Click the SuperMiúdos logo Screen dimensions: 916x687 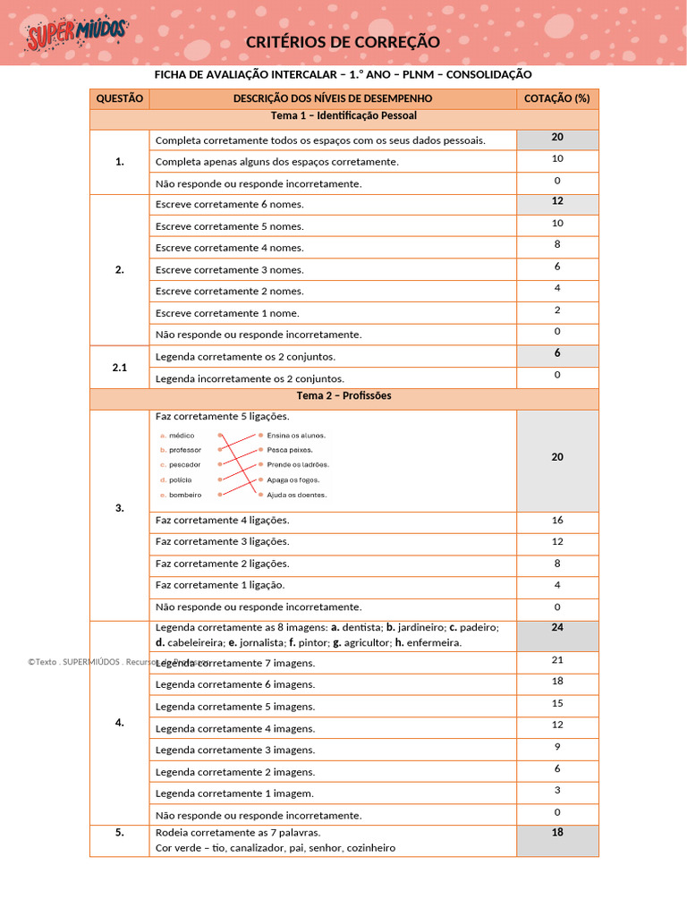coord(77,36)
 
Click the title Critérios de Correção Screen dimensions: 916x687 coord(343,42)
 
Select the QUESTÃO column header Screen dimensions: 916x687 coord(119,98)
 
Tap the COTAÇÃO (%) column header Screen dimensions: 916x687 coord(556,98)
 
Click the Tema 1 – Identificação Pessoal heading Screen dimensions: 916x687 coord(343,116)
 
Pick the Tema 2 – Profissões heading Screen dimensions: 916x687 coord(343,395)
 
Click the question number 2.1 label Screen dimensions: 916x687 coord(119,368)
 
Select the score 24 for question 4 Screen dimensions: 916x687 coord(556,628)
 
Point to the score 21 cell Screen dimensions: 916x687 coord(556,660)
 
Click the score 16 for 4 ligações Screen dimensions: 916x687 coord(556,520)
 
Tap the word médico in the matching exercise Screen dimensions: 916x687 coord(182,436)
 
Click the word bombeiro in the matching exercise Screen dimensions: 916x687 coord(185,495)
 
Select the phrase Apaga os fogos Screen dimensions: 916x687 coord(293,480)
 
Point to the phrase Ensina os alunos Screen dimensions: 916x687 coord(296,436)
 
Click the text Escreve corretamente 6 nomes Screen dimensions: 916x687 coord(229,205)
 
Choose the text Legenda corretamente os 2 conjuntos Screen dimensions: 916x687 coord(245,357)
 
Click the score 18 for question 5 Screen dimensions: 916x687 coord(556,833)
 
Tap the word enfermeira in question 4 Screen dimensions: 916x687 coord(432,642)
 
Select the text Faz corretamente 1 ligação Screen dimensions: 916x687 coord(220,585)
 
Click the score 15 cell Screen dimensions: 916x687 coord(556,703)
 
